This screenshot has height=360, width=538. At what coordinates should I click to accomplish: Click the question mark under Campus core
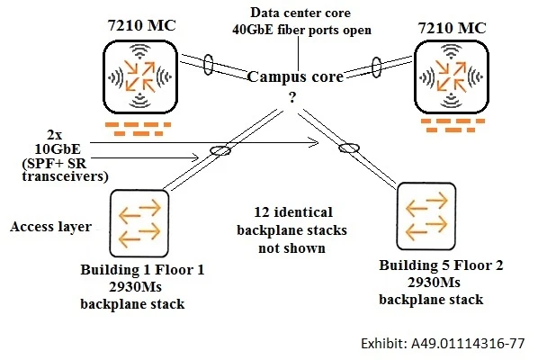[292, 96]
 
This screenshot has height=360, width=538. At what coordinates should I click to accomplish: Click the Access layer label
[49, 227]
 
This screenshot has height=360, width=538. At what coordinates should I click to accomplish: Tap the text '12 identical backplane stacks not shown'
[293, 230]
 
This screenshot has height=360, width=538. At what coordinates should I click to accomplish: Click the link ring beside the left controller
[208, 65]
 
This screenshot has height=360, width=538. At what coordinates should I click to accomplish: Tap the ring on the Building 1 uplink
[217, 151]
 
